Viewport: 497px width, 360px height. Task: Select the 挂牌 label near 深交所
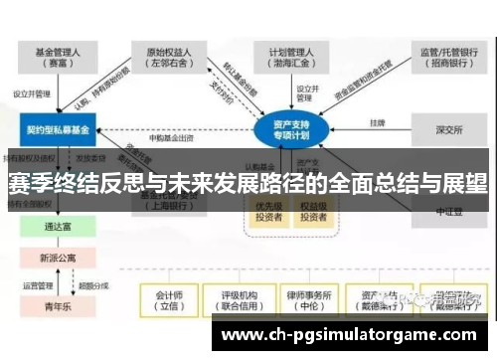click(378, 123)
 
